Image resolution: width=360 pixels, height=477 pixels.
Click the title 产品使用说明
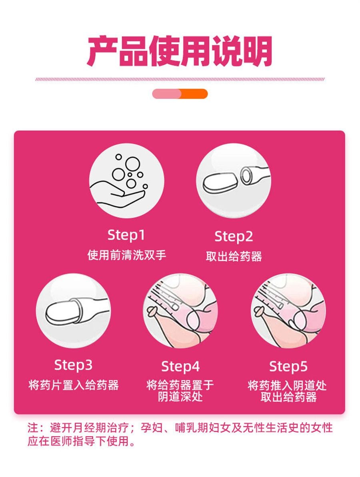point(180,52)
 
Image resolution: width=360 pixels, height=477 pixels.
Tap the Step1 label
point(126,235)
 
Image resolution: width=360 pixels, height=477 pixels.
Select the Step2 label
point(234,236)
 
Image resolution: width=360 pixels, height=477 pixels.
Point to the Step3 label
point(73,365)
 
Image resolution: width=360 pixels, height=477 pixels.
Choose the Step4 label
point(180,366)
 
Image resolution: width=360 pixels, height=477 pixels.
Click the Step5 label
point(288,366)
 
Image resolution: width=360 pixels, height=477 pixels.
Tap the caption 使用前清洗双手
point(126,255)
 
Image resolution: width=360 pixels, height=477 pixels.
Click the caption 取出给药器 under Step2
point(234,257)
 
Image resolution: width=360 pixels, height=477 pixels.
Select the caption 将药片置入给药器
point(74,385)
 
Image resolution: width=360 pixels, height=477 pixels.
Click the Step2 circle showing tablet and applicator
point(234,180)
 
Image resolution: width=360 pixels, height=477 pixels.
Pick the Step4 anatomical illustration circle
point(180,311)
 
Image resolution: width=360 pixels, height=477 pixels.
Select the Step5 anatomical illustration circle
point(288,311)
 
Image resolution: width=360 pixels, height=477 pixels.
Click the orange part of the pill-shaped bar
point(195,94)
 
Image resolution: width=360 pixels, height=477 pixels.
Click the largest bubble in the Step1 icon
point(131,163)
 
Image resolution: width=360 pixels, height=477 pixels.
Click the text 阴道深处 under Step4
point(180,397)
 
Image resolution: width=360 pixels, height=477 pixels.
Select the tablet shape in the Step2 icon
point(219,184)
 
